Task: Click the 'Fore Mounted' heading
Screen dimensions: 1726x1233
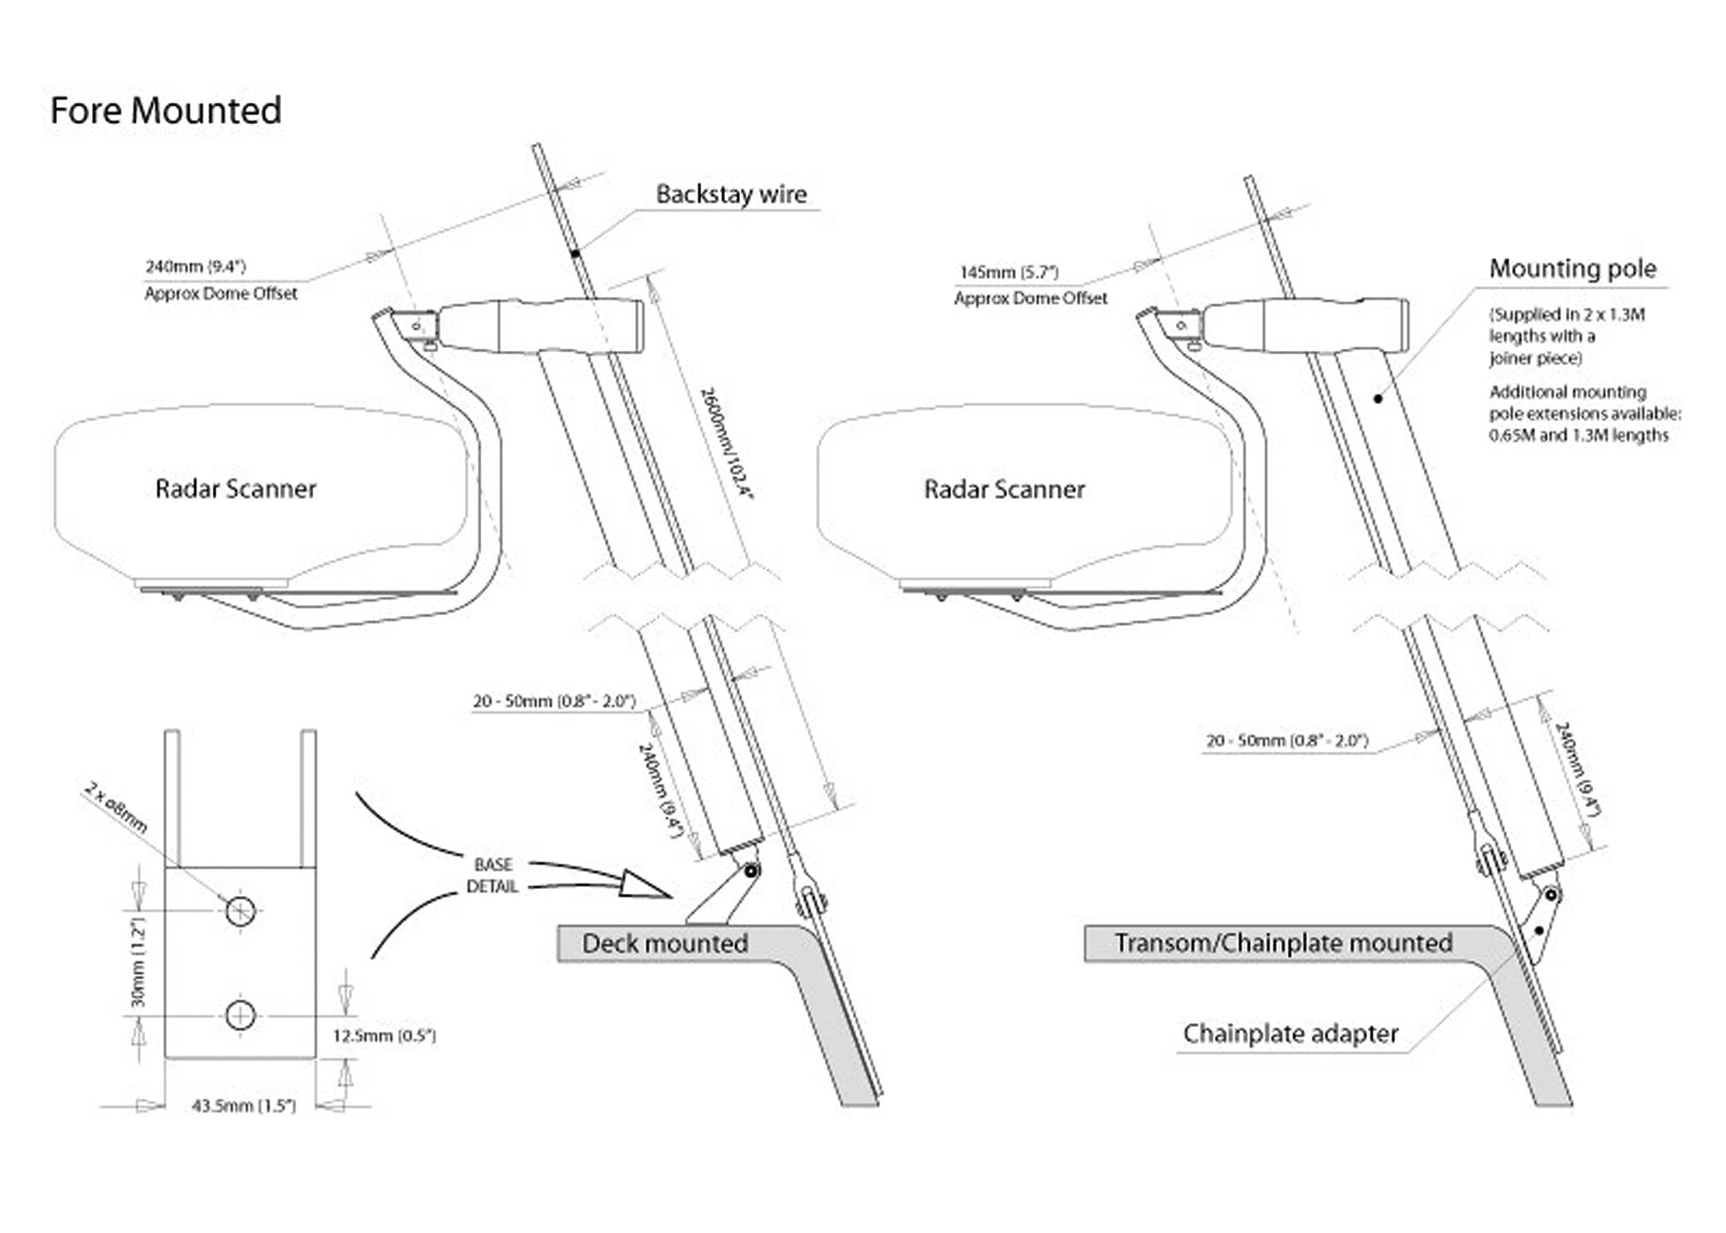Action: (x=165, y=110)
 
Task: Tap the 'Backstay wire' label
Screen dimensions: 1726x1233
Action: (x=731, y=194)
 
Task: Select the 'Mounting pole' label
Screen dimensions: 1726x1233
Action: (x=1573, y=269)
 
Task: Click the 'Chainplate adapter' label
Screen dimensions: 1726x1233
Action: (x=1290, y=1033)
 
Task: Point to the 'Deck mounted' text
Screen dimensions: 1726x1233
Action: (x=665, y=943)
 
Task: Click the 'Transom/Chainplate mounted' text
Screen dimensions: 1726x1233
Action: (x=1283, y=943)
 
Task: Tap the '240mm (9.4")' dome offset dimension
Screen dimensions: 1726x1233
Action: (x=196, y=266)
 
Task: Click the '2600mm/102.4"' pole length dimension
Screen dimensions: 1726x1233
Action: (x=726, y=443)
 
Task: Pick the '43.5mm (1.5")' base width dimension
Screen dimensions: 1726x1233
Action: (x=243, y=1106)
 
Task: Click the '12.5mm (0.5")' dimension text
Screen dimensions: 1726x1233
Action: (x=384, y=1036)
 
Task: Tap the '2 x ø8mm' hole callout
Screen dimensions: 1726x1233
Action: (x=115, y=809)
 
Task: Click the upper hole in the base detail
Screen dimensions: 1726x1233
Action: (x=240, y=911)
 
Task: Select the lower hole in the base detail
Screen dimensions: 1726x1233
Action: (x=240, y=1015)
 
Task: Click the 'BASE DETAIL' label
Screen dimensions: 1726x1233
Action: (x=493, y=875)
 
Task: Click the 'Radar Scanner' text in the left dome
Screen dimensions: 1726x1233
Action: (x=235, y=489)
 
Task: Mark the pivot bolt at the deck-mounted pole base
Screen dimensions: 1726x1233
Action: (x=751, y=871)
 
